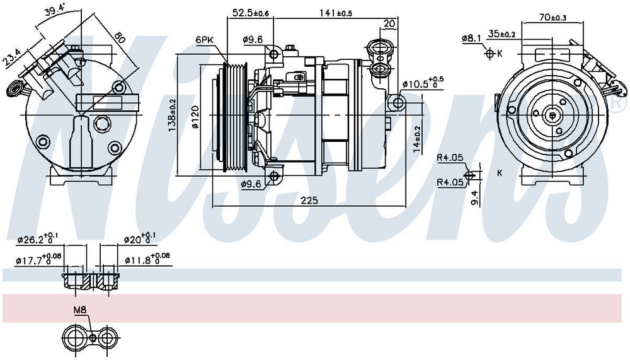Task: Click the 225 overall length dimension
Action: pos(309,200)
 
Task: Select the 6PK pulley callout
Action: pos(204,40)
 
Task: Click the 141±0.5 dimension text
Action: pos(336,13)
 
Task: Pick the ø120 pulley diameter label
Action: pos(195,117)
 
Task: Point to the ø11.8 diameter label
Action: pos(147,260)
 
